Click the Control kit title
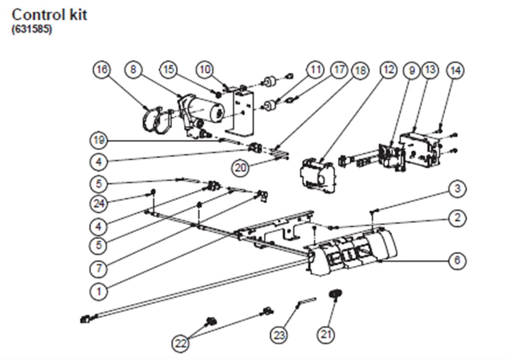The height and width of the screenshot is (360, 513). tap(49, 15)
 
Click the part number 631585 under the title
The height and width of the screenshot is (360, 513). tap(32, 30)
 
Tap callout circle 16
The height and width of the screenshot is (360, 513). tap(102, 69)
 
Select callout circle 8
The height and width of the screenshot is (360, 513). tap(133, 69)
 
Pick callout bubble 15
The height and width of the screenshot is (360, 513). tap(168, 69)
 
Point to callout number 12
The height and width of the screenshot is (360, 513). tap(388, 70)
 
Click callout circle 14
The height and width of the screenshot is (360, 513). tap(456, 70)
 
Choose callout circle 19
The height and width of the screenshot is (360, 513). tap(98, 140)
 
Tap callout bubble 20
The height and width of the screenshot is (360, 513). tap(241, 168)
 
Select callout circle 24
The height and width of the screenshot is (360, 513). tap(98, 204)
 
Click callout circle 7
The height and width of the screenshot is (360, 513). tap(98, 269)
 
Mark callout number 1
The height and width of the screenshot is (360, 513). tap(98, 291)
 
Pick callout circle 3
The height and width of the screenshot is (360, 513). tap(457, 188)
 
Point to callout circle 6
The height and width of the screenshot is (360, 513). tap(457, 260)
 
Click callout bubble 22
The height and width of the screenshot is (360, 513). tap(180, 343)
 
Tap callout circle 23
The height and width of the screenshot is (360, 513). tap(279, 335)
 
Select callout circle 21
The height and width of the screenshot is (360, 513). tap(326, 334)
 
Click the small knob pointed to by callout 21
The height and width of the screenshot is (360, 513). tap(335, 293)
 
